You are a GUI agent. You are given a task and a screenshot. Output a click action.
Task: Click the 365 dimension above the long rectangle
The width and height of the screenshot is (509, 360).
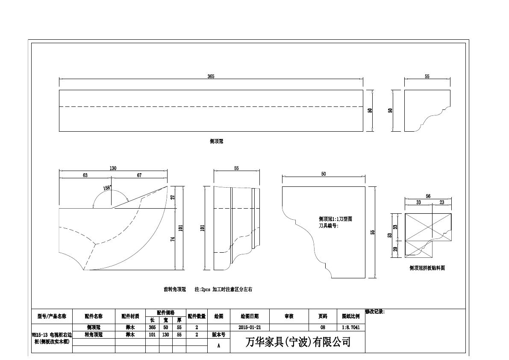coord(211,76)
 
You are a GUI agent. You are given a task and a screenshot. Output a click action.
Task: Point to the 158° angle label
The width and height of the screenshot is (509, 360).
coord(107,187)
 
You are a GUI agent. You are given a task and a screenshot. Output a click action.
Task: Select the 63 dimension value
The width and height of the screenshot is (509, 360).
coord(85,175)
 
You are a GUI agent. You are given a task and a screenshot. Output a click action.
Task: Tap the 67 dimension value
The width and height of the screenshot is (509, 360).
coord(139,175)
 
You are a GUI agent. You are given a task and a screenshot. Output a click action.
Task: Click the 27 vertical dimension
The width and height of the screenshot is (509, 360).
coord(173,197)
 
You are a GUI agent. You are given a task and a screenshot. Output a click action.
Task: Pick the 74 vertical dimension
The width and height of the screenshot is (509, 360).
coord(173,239)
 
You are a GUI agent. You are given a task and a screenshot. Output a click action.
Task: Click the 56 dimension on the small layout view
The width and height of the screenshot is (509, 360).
coord(428,196)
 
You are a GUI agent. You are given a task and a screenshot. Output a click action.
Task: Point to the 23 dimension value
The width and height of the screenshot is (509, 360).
coord(441,202)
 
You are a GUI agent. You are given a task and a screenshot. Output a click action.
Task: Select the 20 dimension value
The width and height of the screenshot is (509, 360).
coord(395,249)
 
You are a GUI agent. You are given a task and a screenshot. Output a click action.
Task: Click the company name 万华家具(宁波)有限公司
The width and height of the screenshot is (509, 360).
coord(298,342)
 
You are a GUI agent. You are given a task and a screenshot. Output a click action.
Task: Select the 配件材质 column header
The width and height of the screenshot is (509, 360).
coord(130,316)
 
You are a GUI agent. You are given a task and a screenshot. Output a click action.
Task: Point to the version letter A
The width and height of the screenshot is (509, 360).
coord(219,346)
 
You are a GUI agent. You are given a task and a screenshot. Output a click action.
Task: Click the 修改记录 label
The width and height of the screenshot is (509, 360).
coord(375,312)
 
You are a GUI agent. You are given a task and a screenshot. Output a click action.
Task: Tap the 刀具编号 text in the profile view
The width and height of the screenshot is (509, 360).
coord(328,225)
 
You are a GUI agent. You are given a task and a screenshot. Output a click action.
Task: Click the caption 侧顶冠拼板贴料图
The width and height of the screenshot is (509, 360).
coord(427,268)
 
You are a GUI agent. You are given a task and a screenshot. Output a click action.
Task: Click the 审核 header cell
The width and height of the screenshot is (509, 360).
coord(289,316)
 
